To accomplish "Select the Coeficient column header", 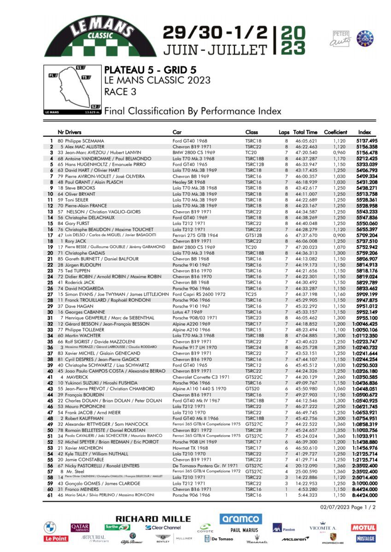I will click(335, 132).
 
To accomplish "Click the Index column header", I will click(364, 132).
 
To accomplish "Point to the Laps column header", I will click(284, 132).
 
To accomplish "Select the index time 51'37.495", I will click(367, 141).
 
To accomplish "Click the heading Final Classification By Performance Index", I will click(193, 111).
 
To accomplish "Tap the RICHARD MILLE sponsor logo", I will click(153, 519).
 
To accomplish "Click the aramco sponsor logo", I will click(241, 519).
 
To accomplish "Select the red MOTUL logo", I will click(363, 528).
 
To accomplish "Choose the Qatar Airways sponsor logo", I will click(80, 528).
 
